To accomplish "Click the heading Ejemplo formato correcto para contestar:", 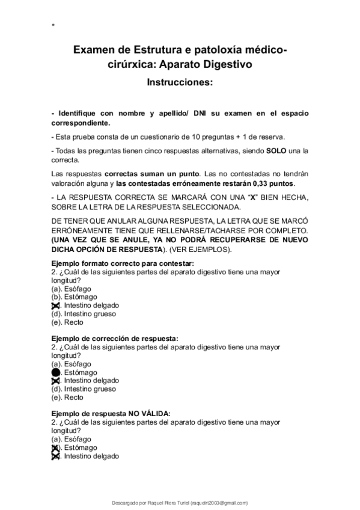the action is (x=123, y=263).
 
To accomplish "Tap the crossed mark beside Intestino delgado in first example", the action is (x=56, y=306).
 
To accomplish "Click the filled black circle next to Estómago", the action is (x=56, y=372).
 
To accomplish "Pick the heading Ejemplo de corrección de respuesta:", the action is (x=115, y=339).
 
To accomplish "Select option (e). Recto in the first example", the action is (x=67, y=322).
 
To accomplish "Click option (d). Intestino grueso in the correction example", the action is (x=84, y=389).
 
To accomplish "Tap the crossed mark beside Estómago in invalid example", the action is (x=56, y=447).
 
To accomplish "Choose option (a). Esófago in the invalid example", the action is (x=72, y=439).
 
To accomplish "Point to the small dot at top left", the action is (x=53, y=25).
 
